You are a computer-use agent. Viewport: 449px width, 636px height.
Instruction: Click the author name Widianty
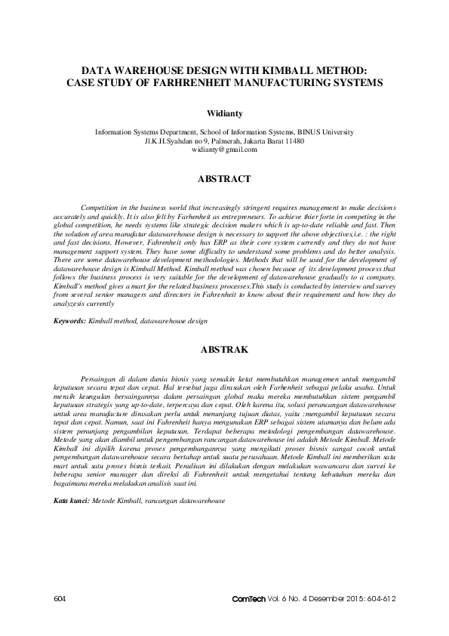tap(224, 113)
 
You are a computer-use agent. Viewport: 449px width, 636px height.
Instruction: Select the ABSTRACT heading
tap(224, 180)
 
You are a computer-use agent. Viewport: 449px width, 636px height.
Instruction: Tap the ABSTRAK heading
tap(224, 350)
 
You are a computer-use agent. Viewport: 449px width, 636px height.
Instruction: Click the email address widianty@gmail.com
tap(224, 150)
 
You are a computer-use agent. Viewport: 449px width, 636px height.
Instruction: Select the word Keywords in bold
tap(69, 321)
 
